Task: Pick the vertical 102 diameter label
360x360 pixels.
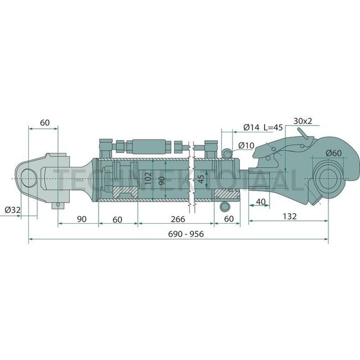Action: tap(147, 179)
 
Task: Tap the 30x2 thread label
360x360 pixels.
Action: tap(303, 121)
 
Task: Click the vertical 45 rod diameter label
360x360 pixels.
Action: tap(201, 179)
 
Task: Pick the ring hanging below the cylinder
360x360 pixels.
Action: tap(225, 207)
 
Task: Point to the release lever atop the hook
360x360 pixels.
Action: tap(301, 135)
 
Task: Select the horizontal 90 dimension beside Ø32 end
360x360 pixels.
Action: tap(81, 219)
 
